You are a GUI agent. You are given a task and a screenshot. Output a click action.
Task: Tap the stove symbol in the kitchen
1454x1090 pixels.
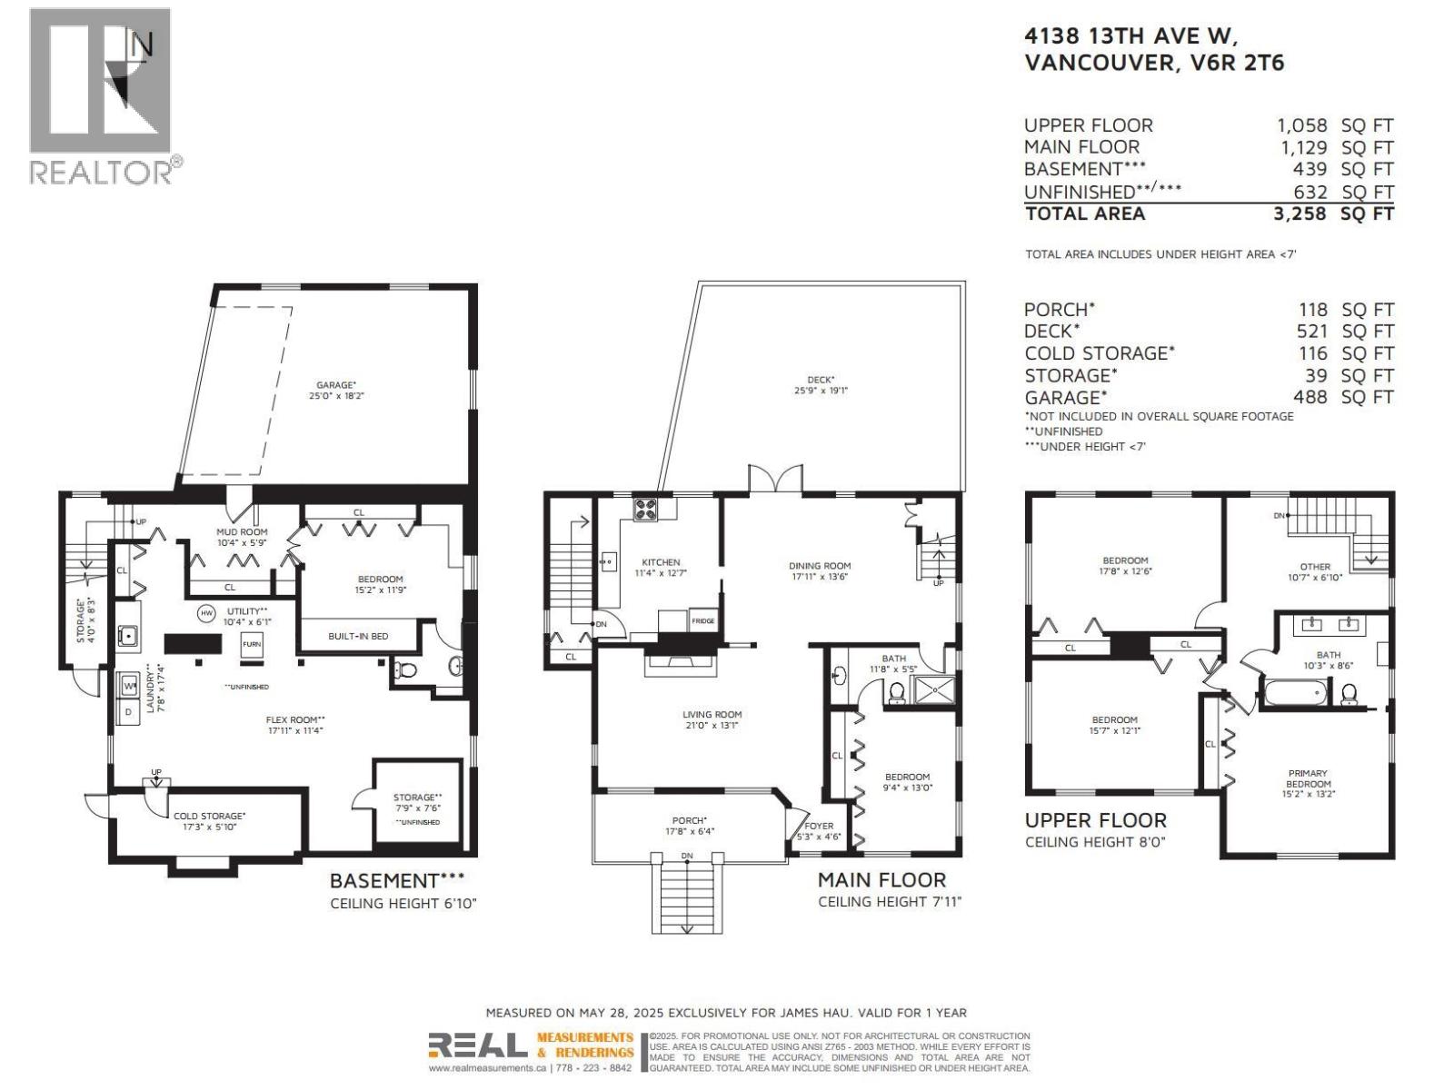coord(644,510)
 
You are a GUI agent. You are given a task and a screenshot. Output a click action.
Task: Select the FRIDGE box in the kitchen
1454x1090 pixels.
coord(703,620)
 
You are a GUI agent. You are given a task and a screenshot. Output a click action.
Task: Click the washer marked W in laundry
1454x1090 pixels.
coord(128,684)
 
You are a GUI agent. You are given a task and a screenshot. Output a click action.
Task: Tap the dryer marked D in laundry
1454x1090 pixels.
coord(128,712)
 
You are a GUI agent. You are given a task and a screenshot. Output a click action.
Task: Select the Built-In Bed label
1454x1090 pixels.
coord(358,636)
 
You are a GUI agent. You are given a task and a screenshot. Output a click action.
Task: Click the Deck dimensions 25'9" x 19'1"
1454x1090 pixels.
coord(820,391)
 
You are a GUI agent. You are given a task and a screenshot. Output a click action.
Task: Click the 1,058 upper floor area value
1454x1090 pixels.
coord(1301,126)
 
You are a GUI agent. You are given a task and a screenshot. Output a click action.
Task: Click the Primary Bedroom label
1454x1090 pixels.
coord(1309,778)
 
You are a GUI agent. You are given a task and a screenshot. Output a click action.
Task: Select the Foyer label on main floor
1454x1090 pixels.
coord(818,826)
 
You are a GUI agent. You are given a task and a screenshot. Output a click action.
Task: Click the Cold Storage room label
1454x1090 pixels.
coord(209,816)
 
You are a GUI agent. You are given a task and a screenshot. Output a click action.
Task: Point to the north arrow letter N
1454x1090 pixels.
coord(142,44)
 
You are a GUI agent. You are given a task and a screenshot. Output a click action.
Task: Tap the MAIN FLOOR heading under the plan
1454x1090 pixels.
coord(881,879)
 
